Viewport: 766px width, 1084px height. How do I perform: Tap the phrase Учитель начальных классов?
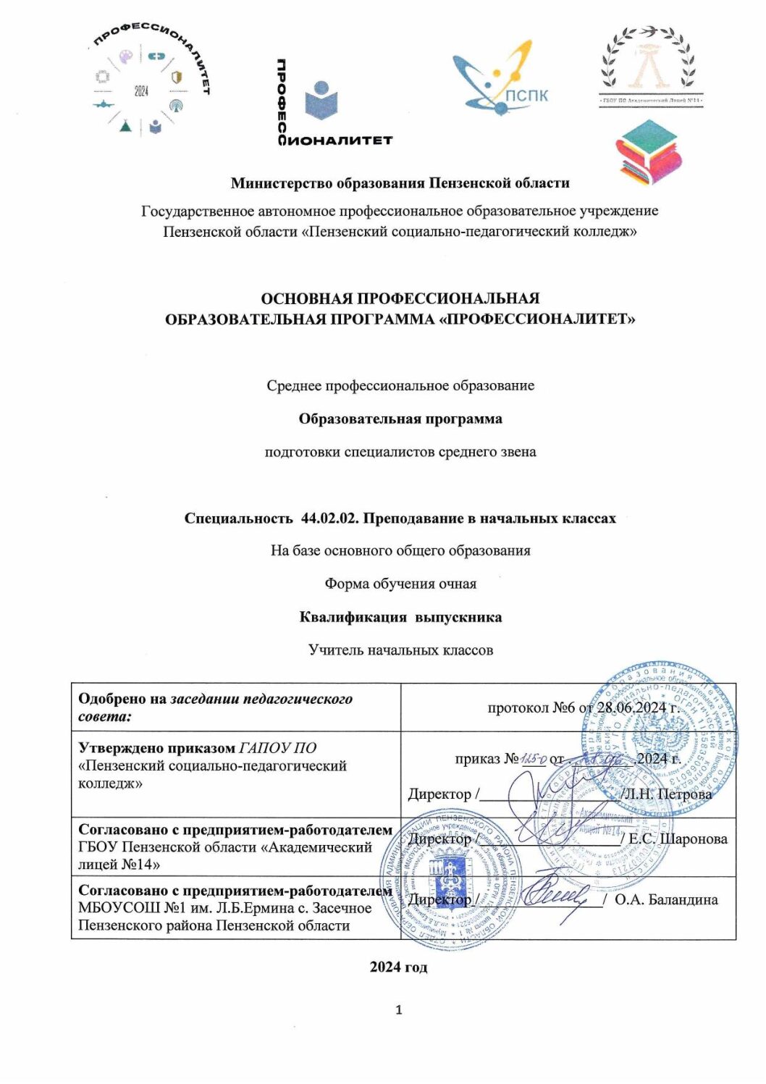(400, 650)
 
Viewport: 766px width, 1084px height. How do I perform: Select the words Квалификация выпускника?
(400, 617)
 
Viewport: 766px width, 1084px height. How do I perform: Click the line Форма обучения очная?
(400, 584)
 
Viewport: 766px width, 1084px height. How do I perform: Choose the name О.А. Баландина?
(666, 899)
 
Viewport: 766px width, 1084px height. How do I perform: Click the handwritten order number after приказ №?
(535, 758)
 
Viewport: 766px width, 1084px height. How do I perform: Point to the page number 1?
(399, 1010)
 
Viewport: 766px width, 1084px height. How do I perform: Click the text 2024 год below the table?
(399, 967)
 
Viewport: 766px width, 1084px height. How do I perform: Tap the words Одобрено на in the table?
(122, 699)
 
